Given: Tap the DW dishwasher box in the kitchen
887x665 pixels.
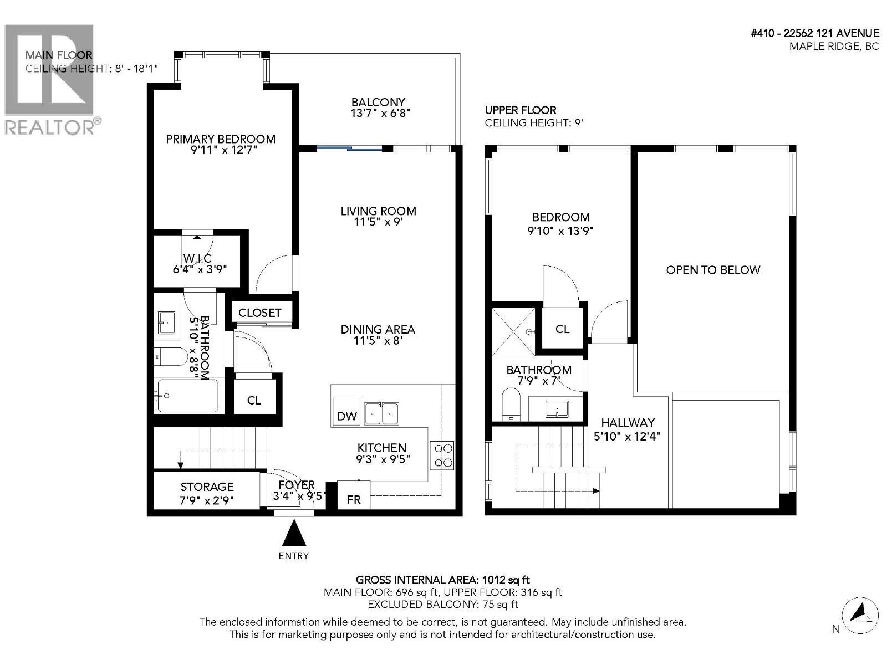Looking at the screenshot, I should [x=346, y=415].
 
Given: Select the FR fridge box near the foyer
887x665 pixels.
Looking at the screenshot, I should [x=354, y=499].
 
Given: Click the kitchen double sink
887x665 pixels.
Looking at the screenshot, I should [x=381, y=413].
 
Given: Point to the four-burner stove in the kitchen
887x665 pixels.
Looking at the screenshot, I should [x=442, y=455].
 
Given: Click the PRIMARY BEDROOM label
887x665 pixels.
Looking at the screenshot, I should [x=221, y=139].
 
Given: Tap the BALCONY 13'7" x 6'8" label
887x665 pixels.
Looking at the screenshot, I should [x=378, y=108].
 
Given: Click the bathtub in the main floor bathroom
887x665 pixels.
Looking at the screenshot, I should [x=187, y=395].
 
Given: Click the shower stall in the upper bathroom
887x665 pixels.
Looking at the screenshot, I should [x=513, y=331].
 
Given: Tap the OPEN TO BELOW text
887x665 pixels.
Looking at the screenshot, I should [x=713, y=270].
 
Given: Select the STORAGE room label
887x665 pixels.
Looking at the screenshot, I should [x=207, y=487].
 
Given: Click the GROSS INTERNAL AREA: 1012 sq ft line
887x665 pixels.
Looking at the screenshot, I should [x=442, y=580].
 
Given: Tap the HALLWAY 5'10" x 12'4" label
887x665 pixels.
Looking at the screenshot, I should [x=627, y=429].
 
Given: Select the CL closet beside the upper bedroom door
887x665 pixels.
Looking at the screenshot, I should [x=562, y=329].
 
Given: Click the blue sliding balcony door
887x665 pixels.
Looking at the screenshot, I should [x=349, y=149].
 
